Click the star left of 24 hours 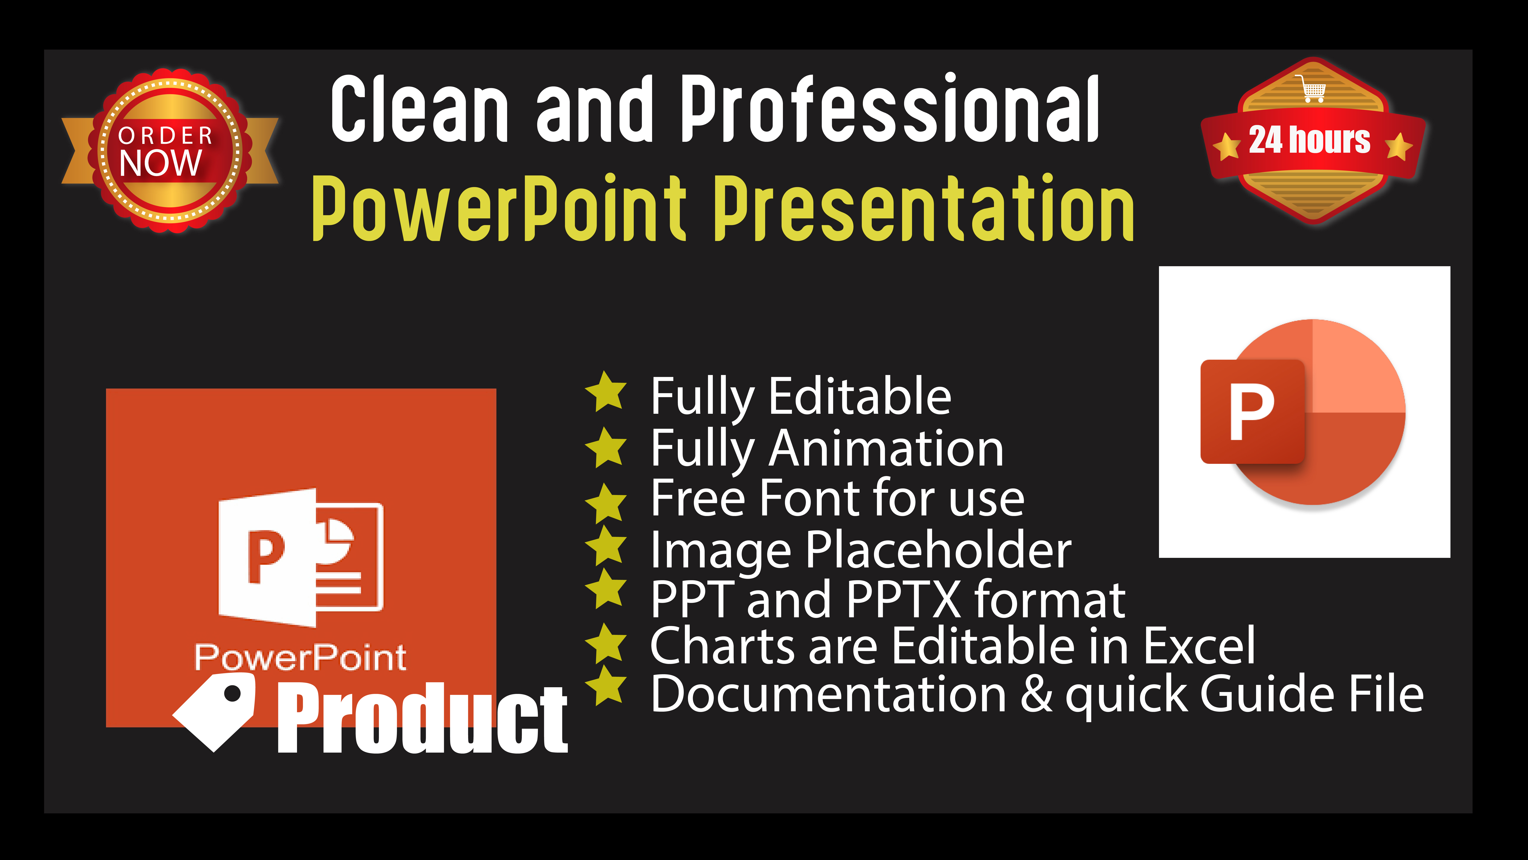[x=1226, y=145]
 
